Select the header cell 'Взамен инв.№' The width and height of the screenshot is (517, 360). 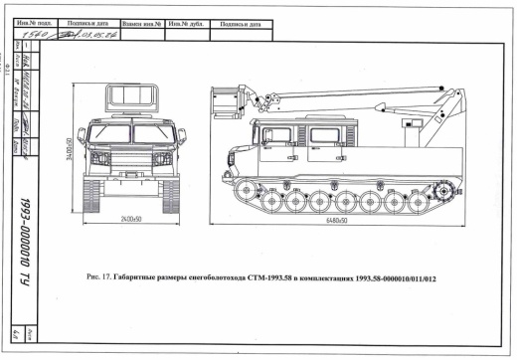139,21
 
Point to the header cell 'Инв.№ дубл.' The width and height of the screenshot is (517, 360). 185,21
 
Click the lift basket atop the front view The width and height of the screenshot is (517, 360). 129,98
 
